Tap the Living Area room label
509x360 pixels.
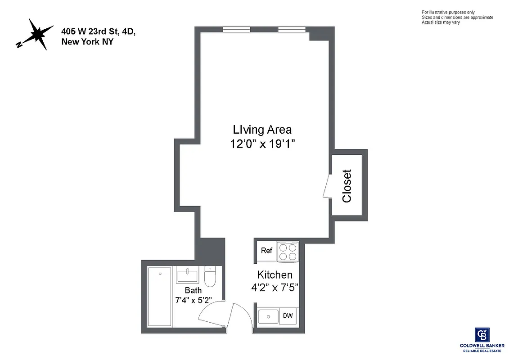click(262, 130)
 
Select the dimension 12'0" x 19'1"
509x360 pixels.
click(262, 144)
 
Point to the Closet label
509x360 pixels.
click(347, 185)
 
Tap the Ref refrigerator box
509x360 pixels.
click(266, 251)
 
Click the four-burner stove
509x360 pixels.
click(287, 252)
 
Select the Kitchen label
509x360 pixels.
click(275, 274)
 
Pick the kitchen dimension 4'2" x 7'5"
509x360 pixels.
click(275, 287)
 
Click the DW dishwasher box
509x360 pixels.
click(288, 316)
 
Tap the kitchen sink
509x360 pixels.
click(268, 316)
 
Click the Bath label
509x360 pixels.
click(193, 290)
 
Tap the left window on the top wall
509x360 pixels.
click(237, 30)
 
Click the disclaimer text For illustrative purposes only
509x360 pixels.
click(448, 12)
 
